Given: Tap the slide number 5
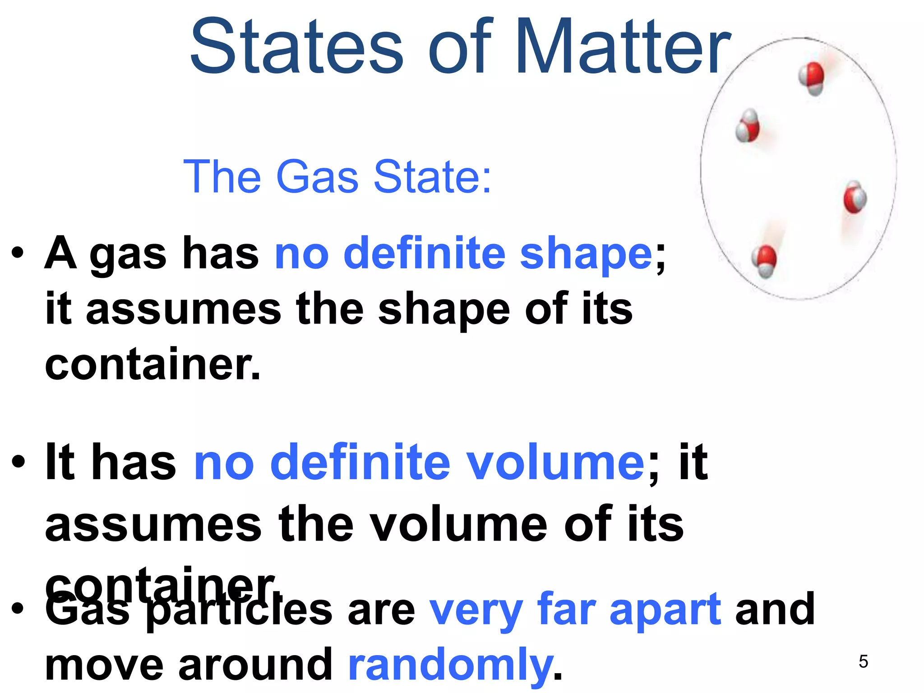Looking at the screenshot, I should [863, 661].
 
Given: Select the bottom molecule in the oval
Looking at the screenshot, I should [764, 261].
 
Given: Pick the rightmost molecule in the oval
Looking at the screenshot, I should [855, 197].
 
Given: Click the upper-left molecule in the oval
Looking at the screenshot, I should [748, 126].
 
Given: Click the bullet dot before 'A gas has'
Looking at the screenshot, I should [18, 253].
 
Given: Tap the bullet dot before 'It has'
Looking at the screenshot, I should [18, 462].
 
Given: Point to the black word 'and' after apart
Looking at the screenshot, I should [775, 609].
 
